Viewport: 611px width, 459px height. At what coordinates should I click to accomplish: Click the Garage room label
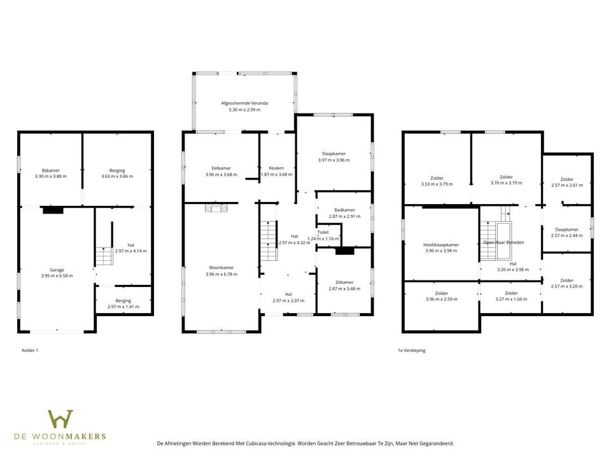tap(57, 270)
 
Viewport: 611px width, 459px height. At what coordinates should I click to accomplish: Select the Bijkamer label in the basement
tap(51, 171)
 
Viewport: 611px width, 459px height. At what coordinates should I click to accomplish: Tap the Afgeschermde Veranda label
tap(244, 103)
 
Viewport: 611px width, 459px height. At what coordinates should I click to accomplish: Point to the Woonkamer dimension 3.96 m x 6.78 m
tap(221, 274)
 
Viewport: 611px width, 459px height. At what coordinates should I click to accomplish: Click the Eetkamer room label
tap(221, 168)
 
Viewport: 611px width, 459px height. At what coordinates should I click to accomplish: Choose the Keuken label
tap(276, 168)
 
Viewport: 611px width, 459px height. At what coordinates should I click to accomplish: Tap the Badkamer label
tap(344, 210)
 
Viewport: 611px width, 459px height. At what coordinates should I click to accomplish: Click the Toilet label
tap(323, 232)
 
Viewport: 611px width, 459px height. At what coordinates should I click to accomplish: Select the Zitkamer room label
tap(344, 282)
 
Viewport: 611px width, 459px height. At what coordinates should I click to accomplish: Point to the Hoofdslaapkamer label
tap(441, 245)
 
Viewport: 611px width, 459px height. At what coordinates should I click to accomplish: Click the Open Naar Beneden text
tap(504, 242)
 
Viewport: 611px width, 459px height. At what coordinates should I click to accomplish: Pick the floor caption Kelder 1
tap(30, 351)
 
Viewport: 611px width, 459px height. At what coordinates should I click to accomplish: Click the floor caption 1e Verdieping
tap(412, 351)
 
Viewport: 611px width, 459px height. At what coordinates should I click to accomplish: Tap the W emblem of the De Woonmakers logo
tap(60, 419)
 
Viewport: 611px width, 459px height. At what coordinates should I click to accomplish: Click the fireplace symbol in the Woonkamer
tap(216, 207)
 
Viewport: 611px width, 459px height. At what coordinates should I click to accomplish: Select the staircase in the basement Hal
tap(104, 256)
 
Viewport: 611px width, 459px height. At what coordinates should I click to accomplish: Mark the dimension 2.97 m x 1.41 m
tap(123, 307)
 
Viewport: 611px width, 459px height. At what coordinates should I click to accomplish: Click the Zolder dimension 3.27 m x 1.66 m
tap(511, 300)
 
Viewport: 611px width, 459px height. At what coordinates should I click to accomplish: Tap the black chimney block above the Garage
tap(53, 210)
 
